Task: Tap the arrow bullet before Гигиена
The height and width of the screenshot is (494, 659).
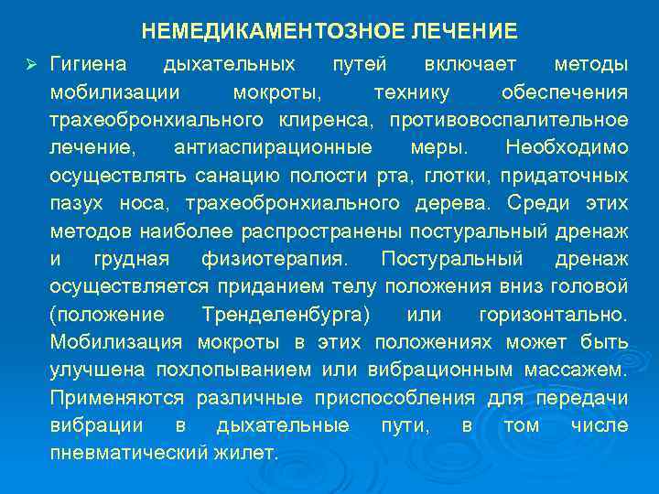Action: coord(30,65)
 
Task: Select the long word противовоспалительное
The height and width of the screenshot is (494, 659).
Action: coord(509,120)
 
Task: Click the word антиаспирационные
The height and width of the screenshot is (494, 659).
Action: coord(273,147)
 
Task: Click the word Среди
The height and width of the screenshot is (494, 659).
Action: coord(524,203)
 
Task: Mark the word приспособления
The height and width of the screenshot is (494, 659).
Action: coord(395,398)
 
